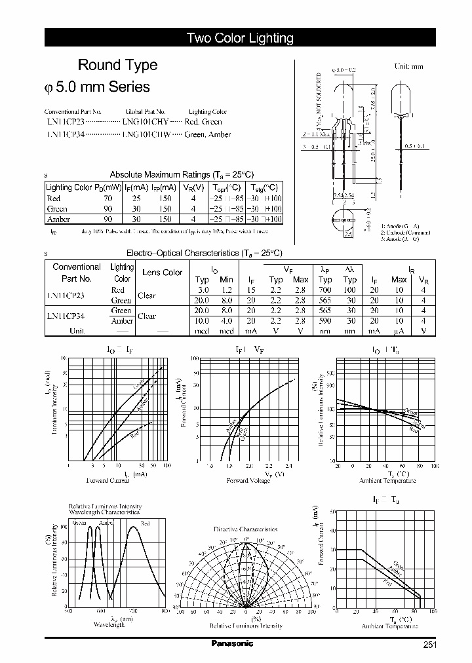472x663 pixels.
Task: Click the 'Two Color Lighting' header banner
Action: pos(240,38)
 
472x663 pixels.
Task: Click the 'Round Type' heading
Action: pos(117,65)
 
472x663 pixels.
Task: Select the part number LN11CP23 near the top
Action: pos(66,122)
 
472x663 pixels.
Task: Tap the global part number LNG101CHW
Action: pos(146,135)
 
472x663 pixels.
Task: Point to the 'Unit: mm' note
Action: pos(408,67)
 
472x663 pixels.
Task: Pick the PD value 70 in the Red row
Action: pos(108,198)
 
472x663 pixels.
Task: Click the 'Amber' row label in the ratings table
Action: pos(58,219)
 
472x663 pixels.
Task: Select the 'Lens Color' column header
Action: pos(162,273)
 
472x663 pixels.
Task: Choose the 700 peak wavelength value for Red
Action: pos(325,290)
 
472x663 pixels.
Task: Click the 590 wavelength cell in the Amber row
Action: pos(325,321)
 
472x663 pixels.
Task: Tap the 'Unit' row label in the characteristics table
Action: pos(77,331)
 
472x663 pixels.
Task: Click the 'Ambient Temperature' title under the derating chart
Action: pos(389,626)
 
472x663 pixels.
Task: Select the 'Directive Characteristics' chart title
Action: pos(246,529)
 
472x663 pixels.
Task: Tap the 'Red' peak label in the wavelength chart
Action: pos(145,523)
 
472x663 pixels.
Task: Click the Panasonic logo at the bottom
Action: pos(232,644)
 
